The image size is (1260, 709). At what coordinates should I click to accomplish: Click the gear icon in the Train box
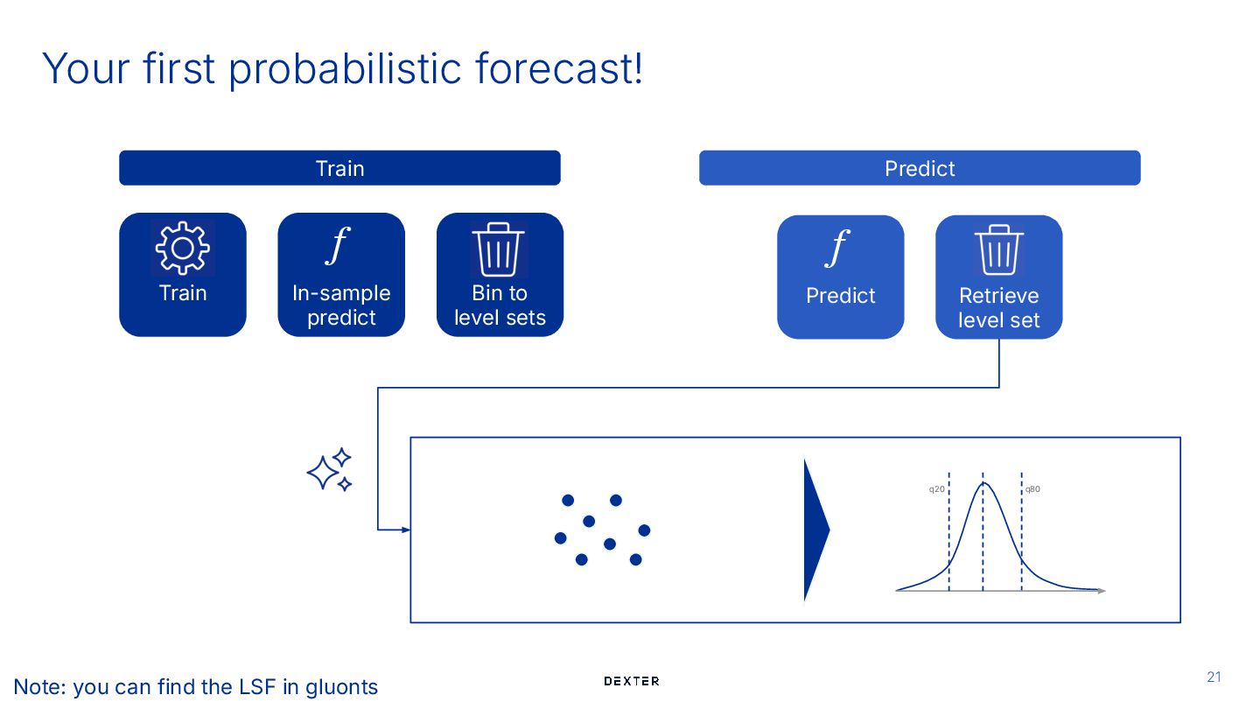click(x=183, y=248)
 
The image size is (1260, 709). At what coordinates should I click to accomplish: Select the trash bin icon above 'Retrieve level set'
click(x=998, y=250)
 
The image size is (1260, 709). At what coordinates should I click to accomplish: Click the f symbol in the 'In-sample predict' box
click(x=338, y=246)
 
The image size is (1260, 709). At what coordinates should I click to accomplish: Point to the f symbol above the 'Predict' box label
click(x=837, y=249)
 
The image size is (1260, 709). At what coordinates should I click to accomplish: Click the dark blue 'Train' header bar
click(x=339, y=168)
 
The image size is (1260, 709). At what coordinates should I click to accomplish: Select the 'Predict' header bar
click(x=920, y=168)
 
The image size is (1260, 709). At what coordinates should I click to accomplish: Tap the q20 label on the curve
click(x=936, y=489)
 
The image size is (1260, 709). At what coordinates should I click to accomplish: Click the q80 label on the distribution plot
click(x=1032, y=489)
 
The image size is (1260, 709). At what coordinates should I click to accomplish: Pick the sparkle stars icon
click(x=330, y=470)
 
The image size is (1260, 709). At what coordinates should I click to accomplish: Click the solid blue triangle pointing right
click(x=815, y=530)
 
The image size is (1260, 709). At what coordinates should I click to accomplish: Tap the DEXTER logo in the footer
click(x=632, y=681)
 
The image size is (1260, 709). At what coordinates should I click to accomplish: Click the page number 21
click(x=1214, y=677)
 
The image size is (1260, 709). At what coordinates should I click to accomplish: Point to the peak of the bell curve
click(x=984, y=483)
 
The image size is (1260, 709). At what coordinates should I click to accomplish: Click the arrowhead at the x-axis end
click(x=1102, y=591)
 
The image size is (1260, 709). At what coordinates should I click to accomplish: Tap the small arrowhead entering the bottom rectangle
click(x=405, y=530)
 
